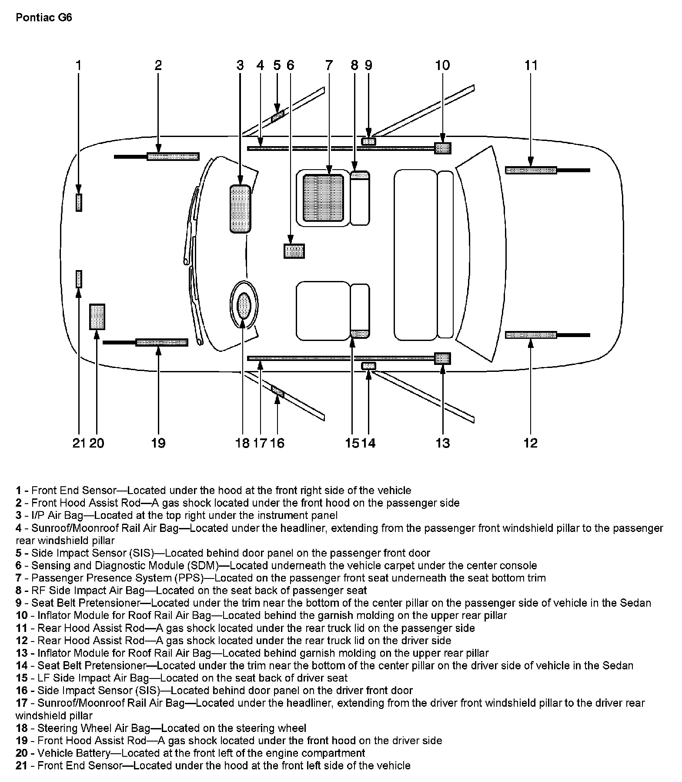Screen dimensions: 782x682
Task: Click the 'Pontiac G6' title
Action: click(43, 18)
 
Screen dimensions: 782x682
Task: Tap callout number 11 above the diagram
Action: click(531, 66)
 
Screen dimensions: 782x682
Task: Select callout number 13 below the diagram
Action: click(442, 443)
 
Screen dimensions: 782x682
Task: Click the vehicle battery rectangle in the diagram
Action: click(97, 317)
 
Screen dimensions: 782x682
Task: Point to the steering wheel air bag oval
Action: click(244, 306)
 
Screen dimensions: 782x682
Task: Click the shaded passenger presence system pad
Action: click(323, 198)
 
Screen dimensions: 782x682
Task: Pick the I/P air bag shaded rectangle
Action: click(240, 209)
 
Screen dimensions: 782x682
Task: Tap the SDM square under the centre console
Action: click(294, 251)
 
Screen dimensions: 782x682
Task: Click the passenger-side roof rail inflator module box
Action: click(443, 148)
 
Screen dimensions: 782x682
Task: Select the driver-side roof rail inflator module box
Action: click(442, 358)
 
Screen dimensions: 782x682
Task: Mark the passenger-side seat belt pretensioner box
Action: click(368, 141)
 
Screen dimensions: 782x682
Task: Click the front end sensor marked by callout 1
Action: click(79, 203)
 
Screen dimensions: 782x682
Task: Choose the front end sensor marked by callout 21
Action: click(79, 279)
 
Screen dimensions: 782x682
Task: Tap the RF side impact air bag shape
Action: click(360, 175)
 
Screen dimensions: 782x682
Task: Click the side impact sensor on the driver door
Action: click(277, 391)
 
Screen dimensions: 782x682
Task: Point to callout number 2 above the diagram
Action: click(158, 66)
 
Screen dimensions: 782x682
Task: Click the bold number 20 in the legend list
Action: click(21, 753)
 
